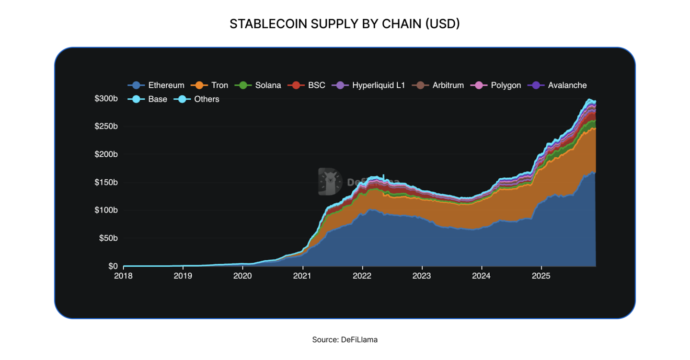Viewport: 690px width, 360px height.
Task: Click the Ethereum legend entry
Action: pyautogui.click(x=156, y=85)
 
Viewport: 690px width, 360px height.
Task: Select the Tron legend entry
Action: pyautogui.click(x=209, y=85)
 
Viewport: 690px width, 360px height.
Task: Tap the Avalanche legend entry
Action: pyautogui.click(x=557, y=85)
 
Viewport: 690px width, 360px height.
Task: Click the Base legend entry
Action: pyautogui.click(x=148, y=99)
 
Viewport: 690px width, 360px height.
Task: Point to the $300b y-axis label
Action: pyautogui.click(x=106, y=99)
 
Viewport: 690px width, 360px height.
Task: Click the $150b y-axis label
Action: pyautogui.click(x=106, y=183)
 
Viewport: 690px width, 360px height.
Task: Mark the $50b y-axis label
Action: pyautogui.click(x=108, y=238)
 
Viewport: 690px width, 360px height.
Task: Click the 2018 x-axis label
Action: pyautogui.click(x=123, y=276)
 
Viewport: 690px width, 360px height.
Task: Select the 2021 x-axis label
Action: pyautogui.click(x=302, y=276)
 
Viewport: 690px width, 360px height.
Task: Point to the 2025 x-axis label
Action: pyautogui.click(x=541, y=276)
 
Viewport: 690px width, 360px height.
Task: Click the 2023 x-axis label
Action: pyautogui.click(x=422, y=276)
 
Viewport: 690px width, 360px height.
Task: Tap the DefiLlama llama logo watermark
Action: pyautogui.click(x=330, y=182)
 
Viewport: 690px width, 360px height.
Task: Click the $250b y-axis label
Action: pyautogui.click(x=106, y=127)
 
